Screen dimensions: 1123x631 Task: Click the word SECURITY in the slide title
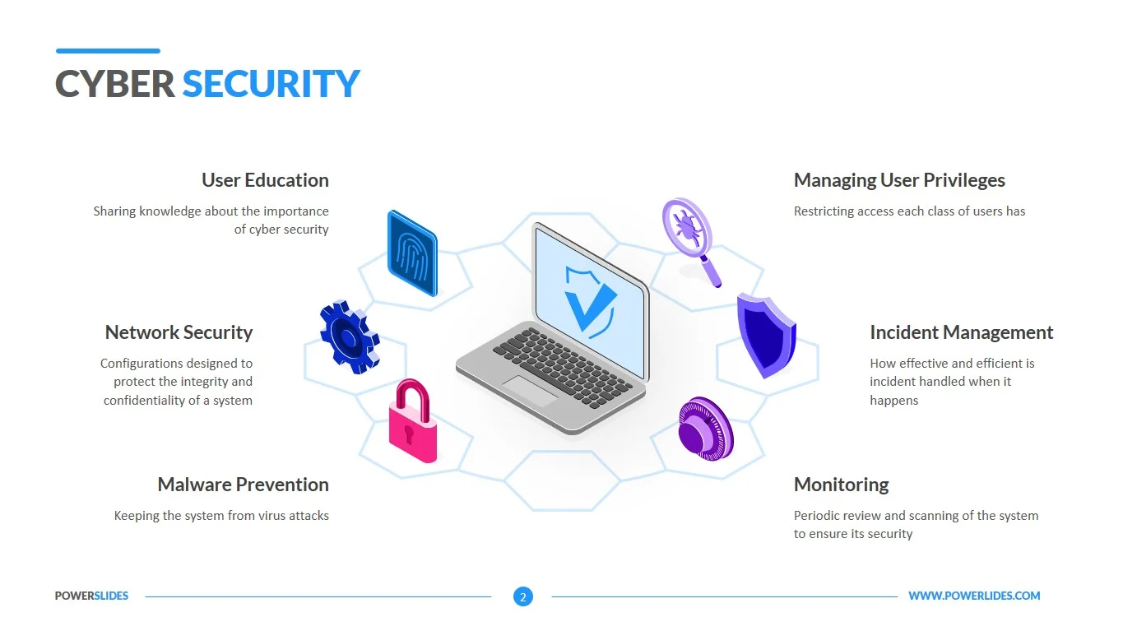coord(271,83)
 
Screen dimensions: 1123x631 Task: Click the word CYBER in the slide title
coord(115,83)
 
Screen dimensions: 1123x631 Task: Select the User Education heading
coord(265,180)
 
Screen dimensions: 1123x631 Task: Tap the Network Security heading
coord(179,332)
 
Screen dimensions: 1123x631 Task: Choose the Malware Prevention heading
coord(244,485)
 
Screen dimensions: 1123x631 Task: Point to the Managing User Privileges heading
coord(899,180)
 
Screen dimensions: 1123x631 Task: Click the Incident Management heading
coord(962,333)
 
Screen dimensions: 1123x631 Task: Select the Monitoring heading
coord(842,485)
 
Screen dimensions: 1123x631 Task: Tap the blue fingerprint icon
coord(412,253)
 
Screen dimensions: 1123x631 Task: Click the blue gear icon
coord(350,337)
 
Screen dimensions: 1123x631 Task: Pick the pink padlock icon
coord(413,420)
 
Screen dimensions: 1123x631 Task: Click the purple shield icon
coord(766,336)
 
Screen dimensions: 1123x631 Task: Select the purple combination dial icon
coord(706,429)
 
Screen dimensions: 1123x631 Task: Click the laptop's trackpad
coord(531,391)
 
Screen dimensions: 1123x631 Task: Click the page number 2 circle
coord(523,596)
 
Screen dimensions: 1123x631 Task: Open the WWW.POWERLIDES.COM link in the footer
coord(974,596)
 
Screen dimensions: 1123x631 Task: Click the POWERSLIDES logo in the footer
coord(92,596)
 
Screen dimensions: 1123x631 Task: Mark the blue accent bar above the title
coord(108,51)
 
